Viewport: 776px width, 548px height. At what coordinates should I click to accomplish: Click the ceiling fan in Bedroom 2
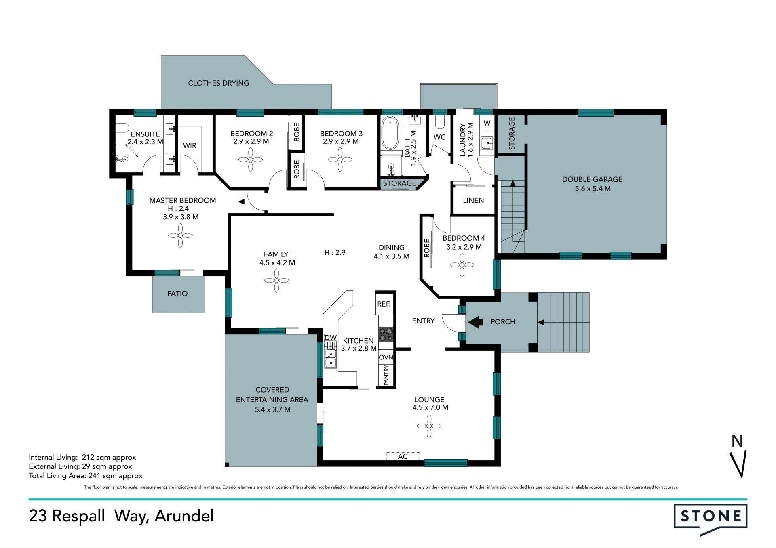(x=251, y=160)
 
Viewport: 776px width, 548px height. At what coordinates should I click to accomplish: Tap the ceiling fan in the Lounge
(x=429, y=426)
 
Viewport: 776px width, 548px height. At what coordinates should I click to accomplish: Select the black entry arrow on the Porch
(x=476, y=322)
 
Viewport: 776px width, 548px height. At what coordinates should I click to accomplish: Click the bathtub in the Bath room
(x=390, y=133)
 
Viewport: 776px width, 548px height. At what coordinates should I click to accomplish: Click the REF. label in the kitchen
(x=384, y=304)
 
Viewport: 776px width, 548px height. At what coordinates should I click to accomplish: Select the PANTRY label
(x=386, y=375)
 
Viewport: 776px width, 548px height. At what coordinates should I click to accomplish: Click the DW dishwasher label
(x=331, y=337)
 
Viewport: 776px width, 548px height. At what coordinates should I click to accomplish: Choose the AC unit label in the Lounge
(x=403, y=456)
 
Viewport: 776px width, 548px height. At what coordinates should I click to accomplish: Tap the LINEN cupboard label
(x=473, y=200)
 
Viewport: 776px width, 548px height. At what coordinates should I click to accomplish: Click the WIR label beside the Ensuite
(x=190, y=145)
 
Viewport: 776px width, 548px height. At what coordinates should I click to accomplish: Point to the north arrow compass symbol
(x=738, y=456)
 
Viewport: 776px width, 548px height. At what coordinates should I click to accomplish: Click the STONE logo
(x=710, y=519)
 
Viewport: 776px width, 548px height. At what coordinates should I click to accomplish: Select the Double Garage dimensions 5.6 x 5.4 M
(x=593, y=189)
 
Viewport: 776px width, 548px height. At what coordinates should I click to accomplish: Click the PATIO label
(x=177, y=294)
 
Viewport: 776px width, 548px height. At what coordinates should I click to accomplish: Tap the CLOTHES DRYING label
(x=218, y=83)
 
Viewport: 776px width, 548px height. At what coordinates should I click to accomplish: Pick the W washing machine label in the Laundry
(x=487, y=123)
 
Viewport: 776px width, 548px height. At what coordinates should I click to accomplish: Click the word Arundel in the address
(x=184, y=516)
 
